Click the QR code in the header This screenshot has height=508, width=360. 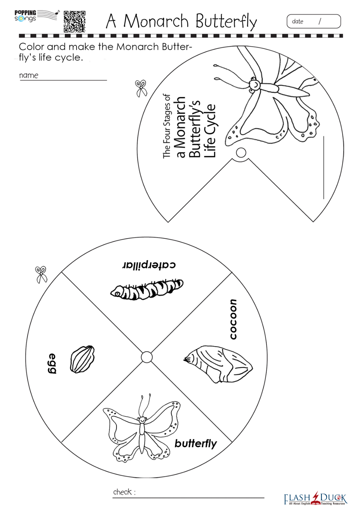click(74, 21)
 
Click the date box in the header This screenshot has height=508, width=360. click(314, 21)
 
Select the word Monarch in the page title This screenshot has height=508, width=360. click(156, 21)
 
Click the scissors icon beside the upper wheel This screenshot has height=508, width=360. click(141, 88)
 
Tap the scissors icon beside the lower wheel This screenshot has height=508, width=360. click(41, 275)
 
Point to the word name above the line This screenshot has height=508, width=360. click(29, 75)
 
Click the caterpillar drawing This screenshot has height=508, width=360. click(147, 289)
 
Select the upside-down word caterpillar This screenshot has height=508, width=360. click(149, 265)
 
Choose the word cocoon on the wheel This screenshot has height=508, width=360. click(233, 319)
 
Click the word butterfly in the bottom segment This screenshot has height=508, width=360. click(196, 444)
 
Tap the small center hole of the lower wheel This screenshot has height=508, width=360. click(147, 357)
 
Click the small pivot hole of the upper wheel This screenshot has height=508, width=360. click(241, 152)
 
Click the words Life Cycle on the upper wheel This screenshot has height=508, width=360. click(210, 131)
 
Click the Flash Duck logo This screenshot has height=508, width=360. click(315, 498)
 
